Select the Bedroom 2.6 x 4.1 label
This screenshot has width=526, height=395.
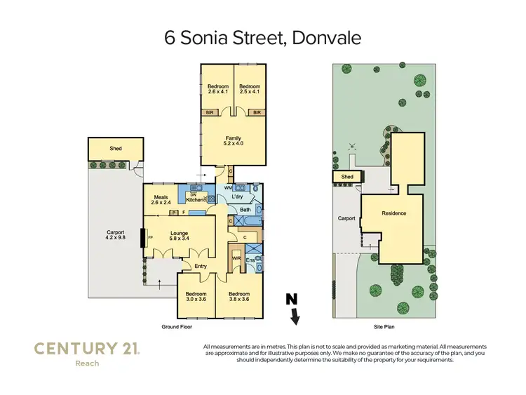click(217, 89)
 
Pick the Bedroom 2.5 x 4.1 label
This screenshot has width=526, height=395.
click(249, 89)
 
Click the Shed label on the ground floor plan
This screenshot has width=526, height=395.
click(116, 149)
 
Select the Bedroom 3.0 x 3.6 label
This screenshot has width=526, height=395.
click(196, 296)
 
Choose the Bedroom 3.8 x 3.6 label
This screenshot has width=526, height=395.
click(239, 296)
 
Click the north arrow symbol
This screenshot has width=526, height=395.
click(295, 309)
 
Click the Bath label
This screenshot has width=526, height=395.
click(245, 209)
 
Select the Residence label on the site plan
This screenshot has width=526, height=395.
click(393, 213)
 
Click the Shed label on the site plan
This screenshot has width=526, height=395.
click(347, 178)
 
